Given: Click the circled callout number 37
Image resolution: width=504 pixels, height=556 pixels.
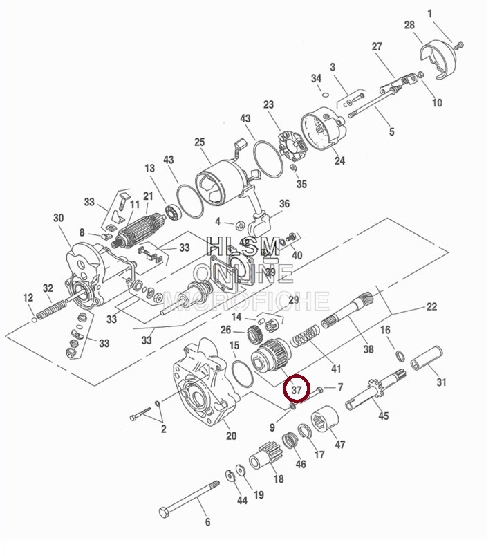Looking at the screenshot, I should coord(297,391).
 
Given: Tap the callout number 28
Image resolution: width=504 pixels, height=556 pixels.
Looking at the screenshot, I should coord(409,25).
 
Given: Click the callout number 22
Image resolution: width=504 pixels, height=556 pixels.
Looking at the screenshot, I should coord(431,306).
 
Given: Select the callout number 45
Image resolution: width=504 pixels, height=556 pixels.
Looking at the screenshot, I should coord(383,416).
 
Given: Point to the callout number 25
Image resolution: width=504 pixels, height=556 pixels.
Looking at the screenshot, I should coord(199,142).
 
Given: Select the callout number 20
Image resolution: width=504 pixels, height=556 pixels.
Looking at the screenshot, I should coord(231,436).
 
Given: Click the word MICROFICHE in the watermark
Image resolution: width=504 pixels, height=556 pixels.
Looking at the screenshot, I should coord(245,300).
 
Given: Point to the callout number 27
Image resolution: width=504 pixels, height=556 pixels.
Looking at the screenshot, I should coord(377,47).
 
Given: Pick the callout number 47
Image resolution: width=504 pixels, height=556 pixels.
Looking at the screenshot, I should coord(340,445).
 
